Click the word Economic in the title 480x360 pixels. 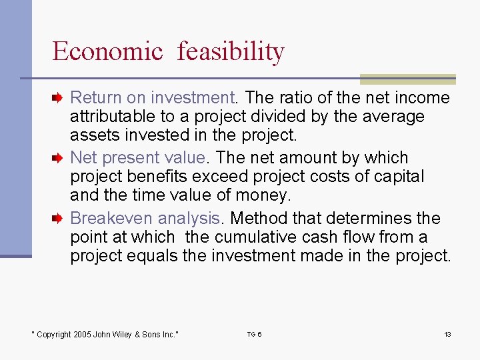coord(107,51)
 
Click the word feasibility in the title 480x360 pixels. coord(231,51)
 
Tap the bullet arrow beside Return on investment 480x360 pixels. coord(58,98)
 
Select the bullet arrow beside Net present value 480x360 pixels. coord(58,158)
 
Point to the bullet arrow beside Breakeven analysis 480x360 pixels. coord(58,218)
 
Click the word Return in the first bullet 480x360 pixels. coord(92,98)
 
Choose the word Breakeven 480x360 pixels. coord(111,218)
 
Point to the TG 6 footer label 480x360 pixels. coord(254,334)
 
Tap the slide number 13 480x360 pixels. coord(447,334)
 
